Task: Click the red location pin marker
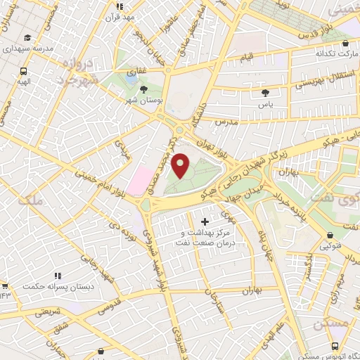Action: point(181,166)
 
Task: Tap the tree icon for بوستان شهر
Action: point(144,89)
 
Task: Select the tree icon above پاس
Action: point(265,92)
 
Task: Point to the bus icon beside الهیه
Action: point(24,71)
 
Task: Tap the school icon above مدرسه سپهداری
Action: point(27,38)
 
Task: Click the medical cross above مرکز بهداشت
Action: point(205,222)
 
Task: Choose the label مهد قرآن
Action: point(129,18)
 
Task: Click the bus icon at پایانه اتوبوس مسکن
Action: point(334,345)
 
